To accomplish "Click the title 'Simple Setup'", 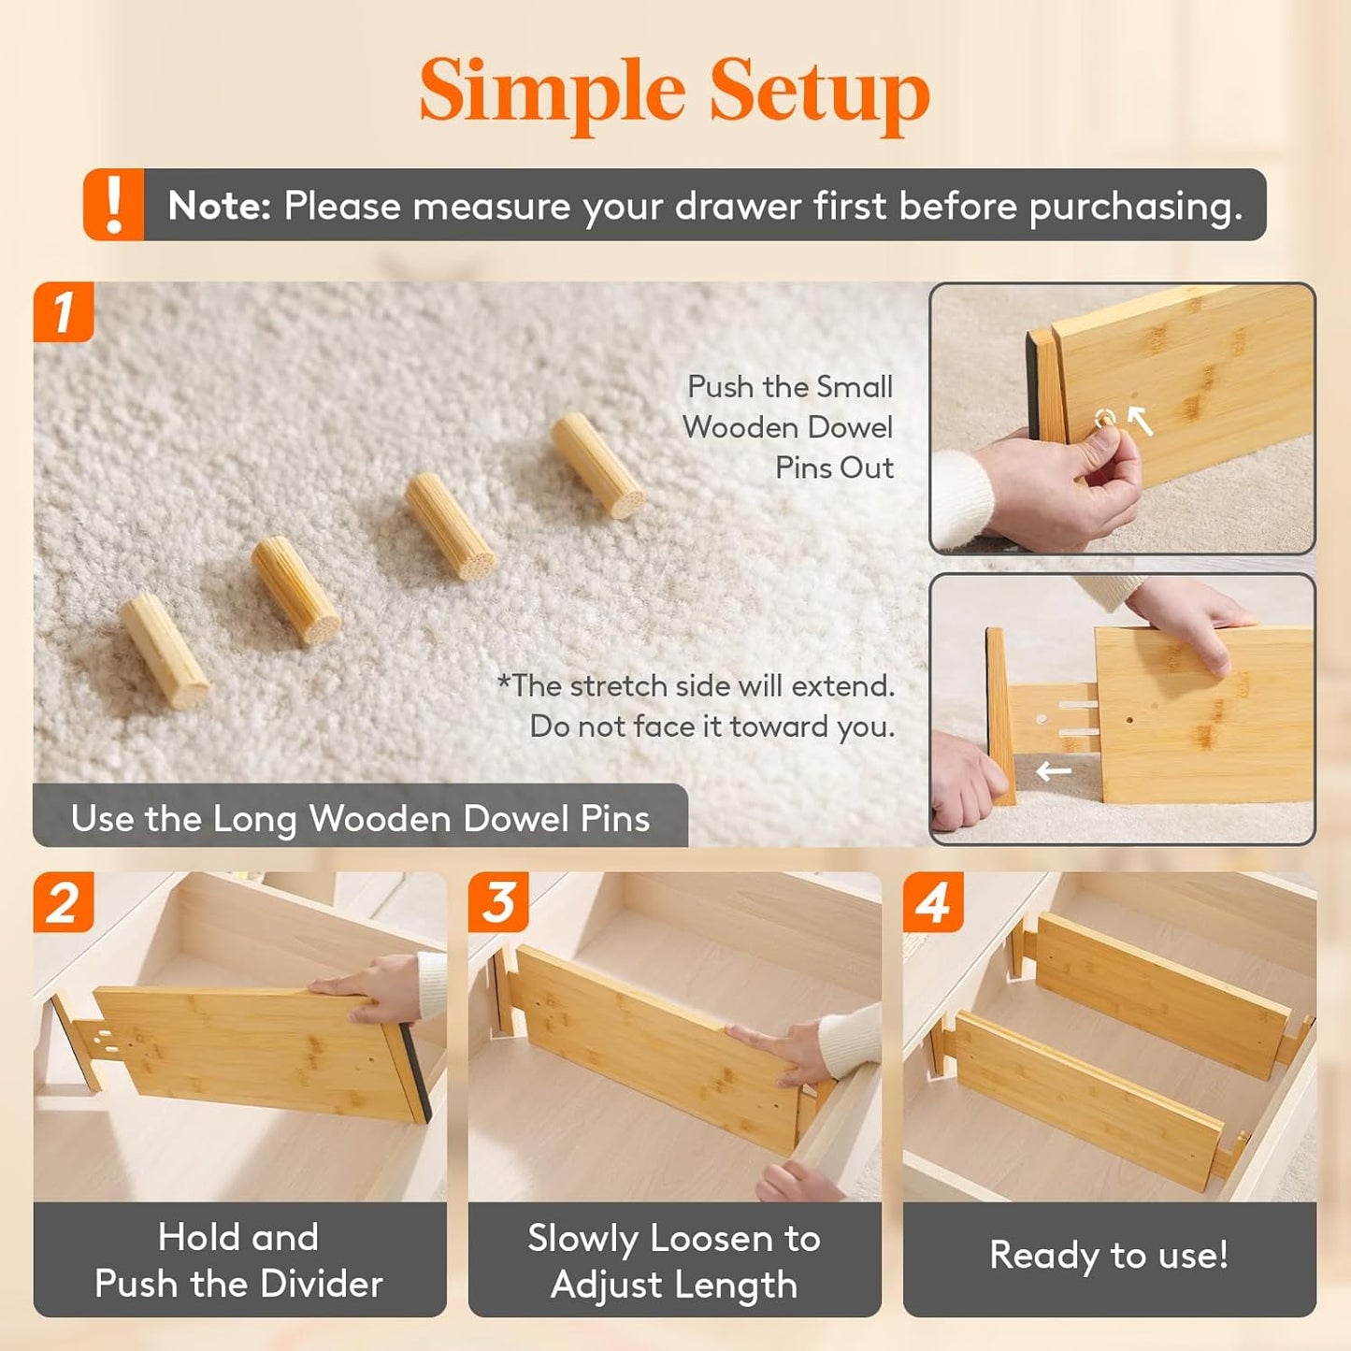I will (x=674, y=92).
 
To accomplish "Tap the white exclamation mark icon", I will (x=114, y=205).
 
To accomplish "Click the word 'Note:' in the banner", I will (x=219, y=206).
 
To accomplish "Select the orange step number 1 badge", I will (x=64, y=312).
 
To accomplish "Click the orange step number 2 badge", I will (x=64, y=903).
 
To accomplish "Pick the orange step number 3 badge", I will (x=498, y=903).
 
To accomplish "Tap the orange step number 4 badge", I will (x=933, y=903).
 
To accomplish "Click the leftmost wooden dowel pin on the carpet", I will (x=165, y=649).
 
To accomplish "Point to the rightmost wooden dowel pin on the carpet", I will (x=597, y=466).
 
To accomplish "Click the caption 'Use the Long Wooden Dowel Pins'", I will (x=360, y=819).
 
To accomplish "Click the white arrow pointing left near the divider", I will (x=1054, y=771).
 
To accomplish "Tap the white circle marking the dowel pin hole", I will (x=1105, y=418).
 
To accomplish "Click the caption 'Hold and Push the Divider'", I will (x=239, y=1260).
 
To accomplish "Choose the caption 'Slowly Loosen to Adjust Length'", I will (x=674, y=1260).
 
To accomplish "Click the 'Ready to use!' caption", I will (x=1109, y=1255).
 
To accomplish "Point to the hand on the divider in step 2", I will (x=365, y=987).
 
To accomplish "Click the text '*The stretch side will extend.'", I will (x=697, y=686).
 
